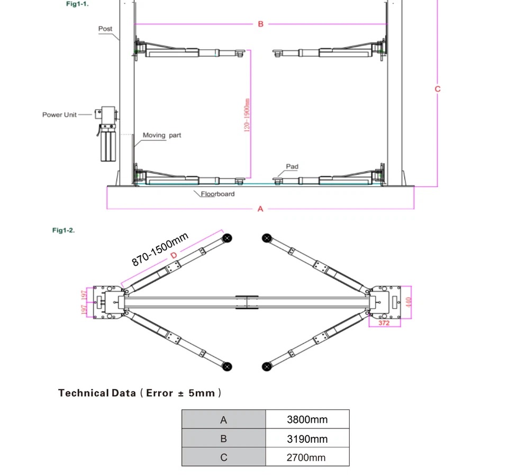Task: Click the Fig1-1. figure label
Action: coord(77,4)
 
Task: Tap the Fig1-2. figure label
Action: coord(63,230)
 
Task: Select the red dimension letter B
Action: coord(260,24)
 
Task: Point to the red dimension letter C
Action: coord(438,89)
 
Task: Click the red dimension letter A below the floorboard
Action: coord(260,209)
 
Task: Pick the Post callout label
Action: coord(105,29)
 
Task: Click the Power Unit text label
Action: coord(59,115)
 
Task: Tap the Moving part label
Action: coord(162,135)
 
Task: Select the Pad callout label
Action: coord(292,166)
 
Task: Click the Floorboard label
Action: coord(217,194)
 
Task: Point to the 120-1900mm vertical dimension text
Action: coord(247,115)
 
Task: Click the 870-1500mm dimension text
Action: coord(160,249)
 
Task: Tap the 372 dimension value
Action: coord(384,323)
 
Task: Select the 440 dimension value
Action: coord(408,302)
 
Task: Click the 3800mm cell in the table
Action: coord(307,419)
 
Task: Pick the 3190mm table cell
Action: coord(307,438)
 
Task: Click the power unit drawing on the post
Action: coord(106,133)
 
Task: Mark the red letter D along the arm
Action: coord(174,255)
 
